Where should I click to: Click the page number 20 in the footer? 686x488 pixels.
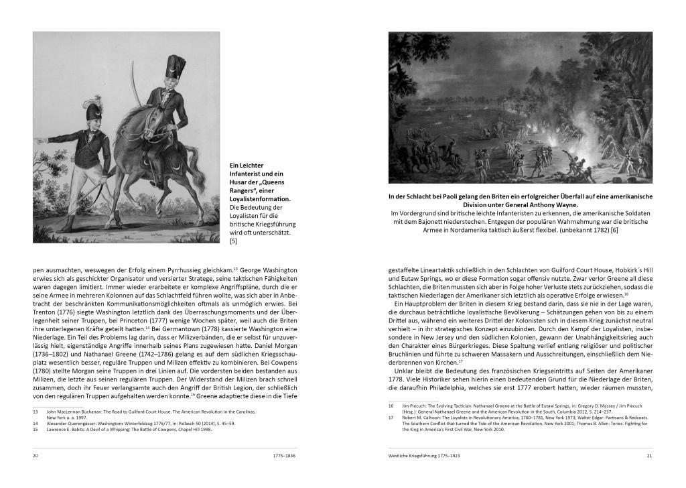(36, 456)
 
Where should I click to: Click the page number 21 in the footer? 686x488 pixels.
(649, 456)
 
